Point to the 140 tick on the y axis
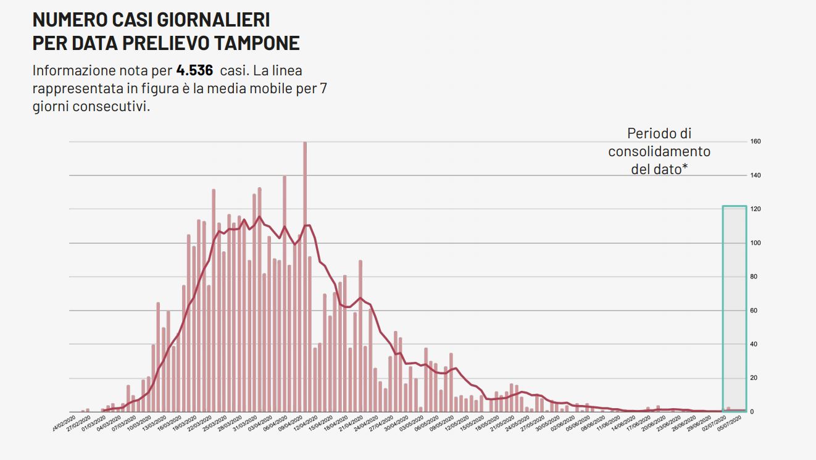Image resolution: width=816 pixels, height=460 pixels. coord(755,175)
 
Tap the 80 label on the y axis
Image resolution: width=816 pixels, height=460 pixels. coord(754,277)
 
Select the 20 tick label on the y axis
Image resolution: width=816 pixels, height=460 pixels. coord(754,378)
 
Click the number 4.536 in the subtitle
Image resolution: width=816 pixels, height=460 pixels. coord(194,70)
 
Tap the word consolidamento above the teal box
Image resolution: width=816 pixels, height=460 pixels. coord(659,151)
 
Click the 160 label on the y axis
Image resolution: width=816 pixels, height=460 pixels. coord(755,141)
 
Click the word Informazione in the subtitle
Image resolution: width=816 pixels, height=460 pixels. coord(72,70)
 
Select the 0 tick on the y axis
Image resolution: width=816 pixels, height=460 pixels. coord(752,411)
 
